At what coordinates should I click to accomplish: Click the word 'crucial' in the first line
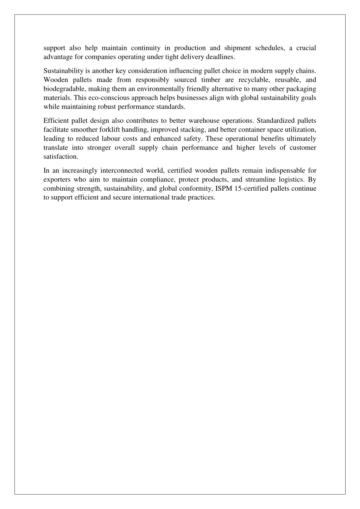click(x=306, y=48)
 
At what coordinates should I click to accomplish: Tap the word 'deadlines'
click(x=220, y=57)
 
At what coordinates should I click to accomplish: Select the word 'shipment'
click(x=238, y=48)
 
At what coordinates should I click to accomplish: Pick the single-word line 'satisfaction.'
click(x=61, y=156)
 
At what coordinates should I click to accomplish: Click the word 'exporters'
click(x=57, y=179)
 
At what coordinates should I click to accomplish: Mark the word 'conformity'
click(x=196, y=188)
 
